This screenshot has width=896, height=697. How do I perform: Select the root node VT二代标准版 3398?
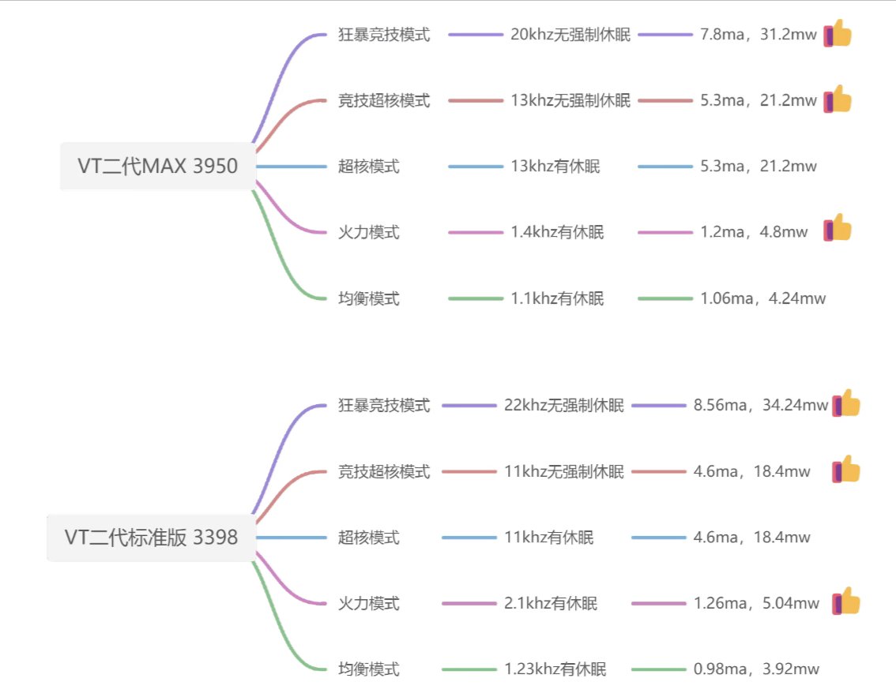click(151, 538)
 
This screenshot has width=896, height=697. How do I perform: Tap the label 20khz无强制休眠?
click(570, 35)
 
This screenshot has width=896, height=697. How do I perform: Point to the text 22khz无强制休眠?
click(564, 406)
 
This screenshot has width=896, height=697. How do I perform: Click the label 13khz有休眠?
click(555, 167)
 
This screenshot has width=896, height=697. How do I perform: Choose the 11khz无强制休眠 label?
click(564, 472)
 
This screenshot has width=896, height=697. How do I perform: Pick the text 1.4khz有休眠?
click(557, 232)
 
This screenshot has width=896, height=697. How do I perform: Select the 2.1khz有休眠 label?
click(551, 604)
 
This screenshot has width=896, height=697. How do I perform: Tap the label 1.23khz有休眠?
click(555, 669)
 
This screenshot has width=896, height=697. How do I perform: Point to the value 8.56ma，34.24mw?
click(761, 406)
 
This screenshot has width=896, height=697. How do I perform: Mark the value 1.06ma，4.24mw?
click(763, 298)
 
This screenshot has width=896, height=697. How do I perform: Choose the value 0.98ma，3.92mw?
click(756, 669)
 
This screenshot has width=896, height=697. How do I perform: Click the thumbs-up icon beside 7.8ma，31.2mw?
click(838, 34)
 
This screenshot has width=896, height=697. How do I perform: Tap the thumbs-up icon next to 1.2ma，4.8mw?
click(838, 229)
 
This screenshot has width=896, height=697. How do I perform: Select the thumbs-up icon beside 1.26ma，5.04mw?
click(846, 602)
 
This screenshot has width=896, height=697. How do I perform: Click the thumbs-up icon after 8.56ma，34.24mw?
click(846, 404)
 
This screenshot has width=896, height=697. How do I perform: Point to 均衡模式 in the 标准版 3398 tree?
click(369, 669)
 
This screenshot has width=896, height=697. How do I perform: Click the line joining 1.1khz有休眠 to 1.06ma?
click(664, 298)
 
